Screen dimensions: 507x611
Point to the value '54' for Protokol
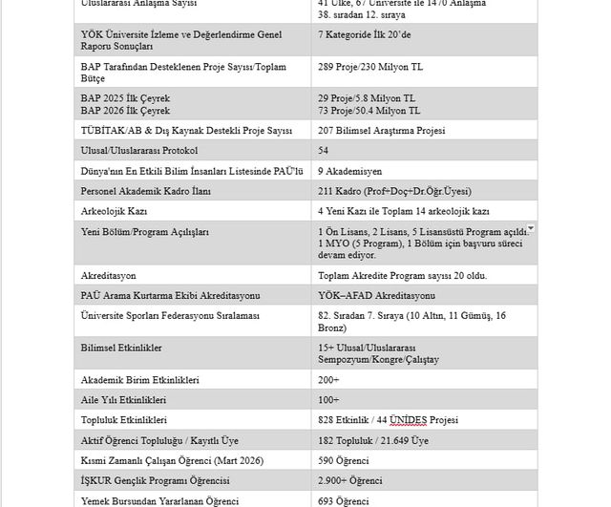[x=324, y=151]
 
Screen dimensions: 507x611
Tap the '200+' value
[x=328, y=379]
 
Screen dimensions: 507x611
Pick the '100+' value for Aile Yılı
[x=328, y=399]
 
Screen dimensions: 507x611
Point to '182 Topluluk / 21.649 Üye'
[x=373, y=440]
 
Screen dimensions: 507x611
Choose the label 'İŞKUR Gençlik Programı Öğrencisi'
[x=156, y=480]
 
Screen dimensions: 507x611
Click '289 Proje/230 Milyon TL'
[x=370, y=67]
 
